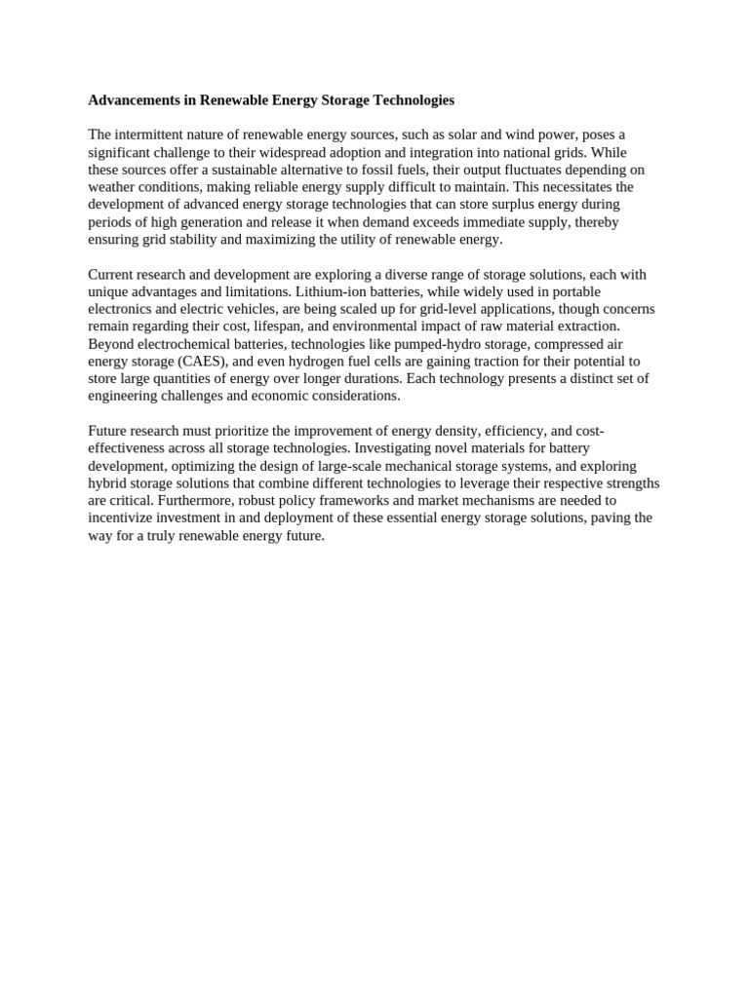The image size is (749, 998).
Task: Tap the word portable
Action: (x=573, y=292)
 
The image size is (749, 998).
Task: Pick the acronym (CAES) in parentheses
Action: (x=202, y=362)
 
